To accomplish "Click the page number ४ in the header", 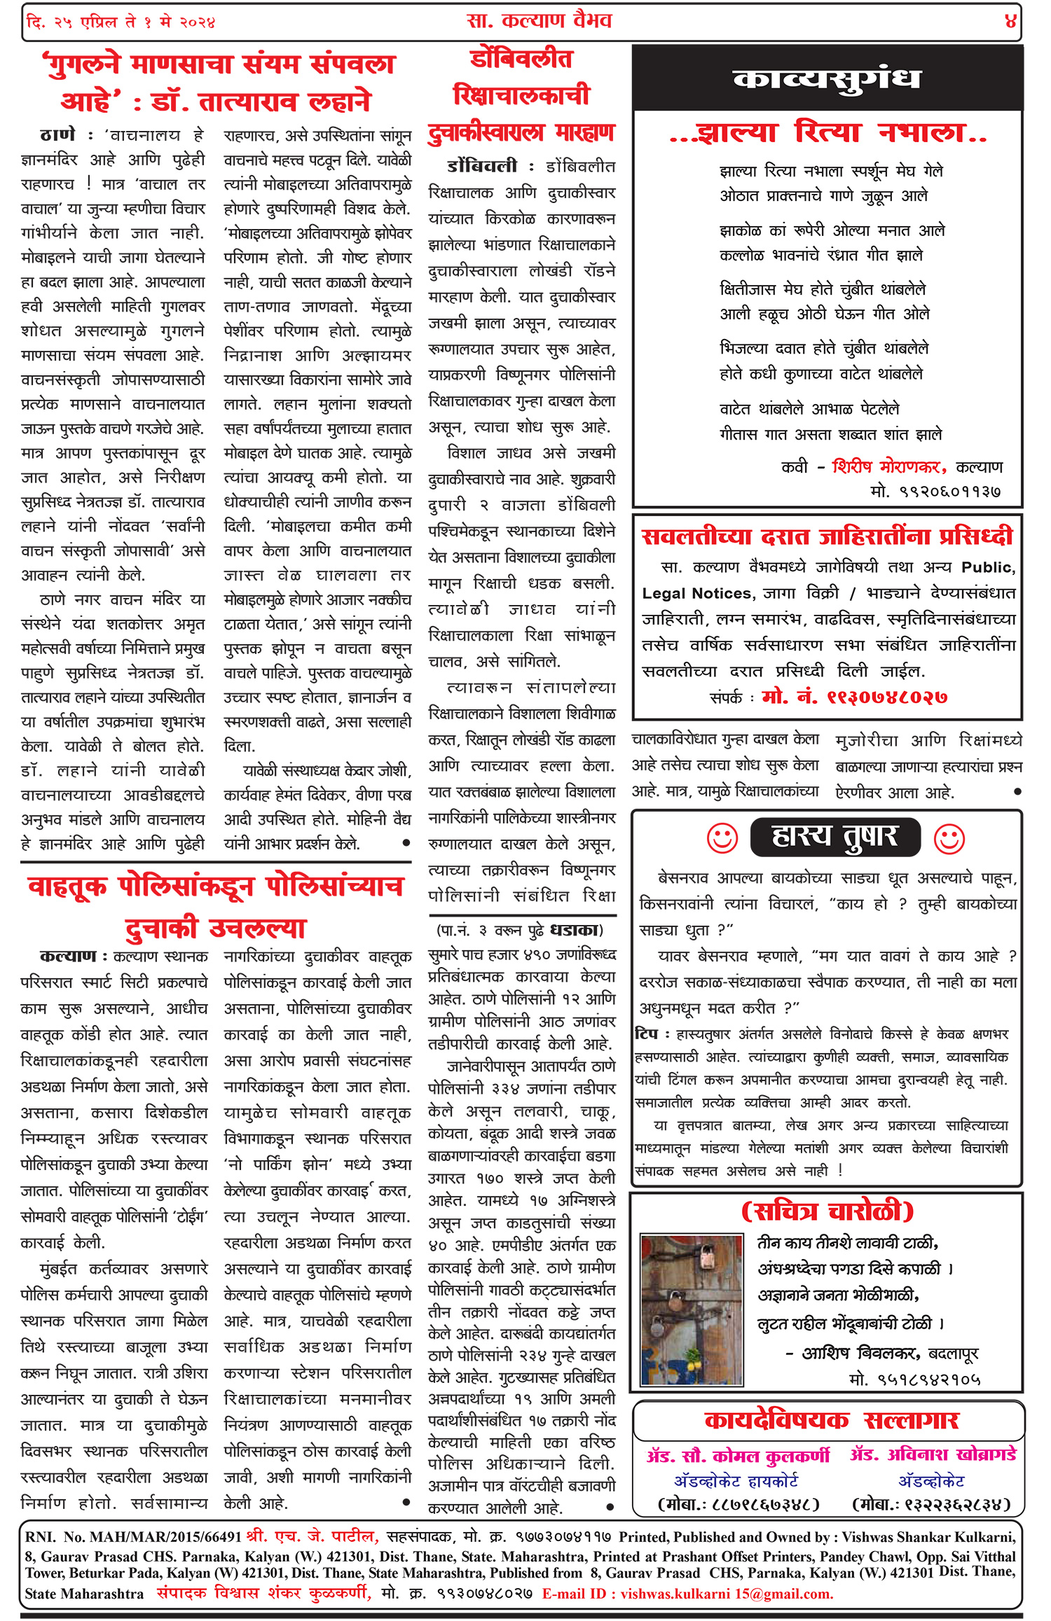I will pos(1010,22).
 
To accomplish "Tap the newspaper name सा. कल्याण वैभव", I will pos(540,20).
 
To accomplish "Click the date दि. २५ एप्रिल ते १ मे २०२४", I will pos(121,22).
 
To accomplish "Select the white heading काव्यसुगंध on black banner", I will pos(827,78).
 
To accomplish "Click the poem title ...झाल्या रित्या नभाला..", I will pos(827,133).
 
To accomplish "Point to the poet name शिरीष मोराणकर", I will pos(888,467).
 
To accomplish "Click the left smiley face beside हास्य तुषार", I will pos(722,838).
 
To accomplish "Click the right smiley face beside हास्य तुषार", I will pos(949,838).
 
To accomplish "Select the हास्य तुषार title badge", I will pos(834,837).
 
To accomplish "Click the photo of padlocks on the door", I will pos(692,1310).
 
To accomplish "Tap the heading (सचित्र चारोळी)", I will pos(827,1211).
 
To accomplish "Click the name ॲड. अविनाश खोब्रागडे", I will pos(933,1454).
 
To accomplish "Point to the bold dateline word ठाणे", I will pos(57,134).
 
